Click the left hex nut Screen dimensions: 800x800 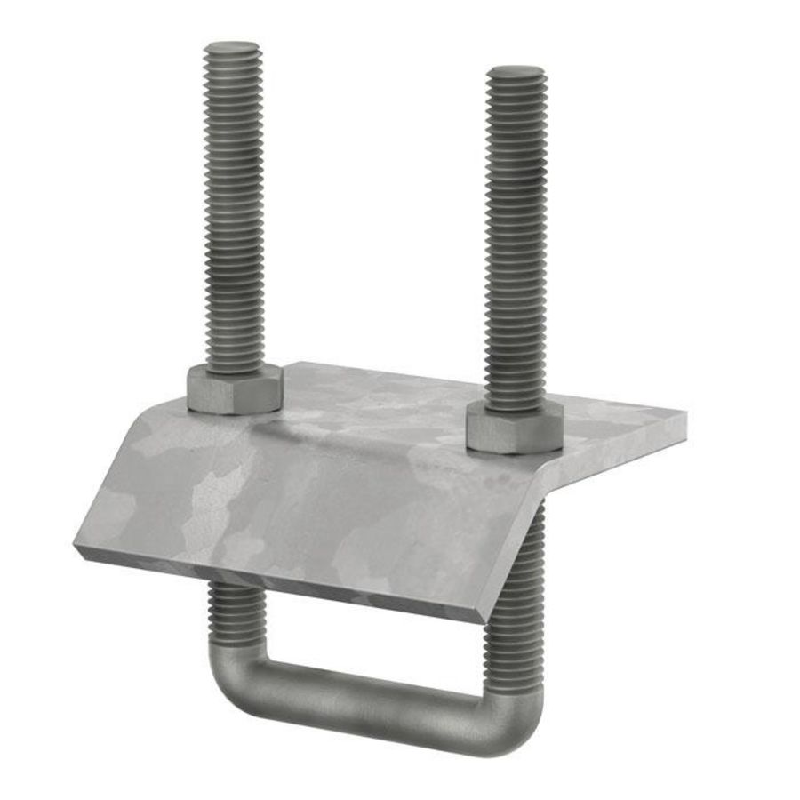(x=235, y=391)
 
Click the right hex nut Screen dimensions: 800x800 (x=514, y=430)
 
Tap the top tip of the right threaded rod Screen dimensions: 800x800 (x=516, y=71)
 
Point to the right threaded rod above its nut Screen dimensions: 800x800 (x=516, y=240)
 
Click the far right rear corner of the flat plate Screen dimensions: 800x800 (x=684, y=412)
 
